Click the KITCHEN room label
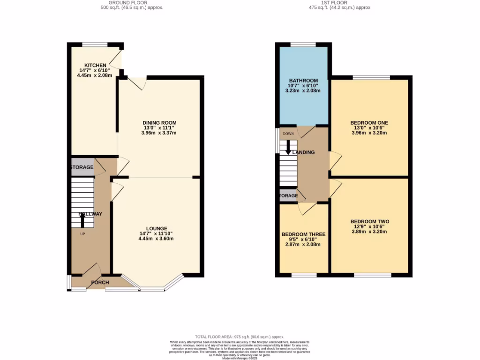(x=92, y=65)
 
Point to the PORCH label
(x=100, y=282)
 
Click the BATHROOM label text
(x=303, y=81)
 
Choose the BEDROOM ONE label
(x=369, y=123)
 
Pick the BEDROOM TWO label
(x=369, y=221)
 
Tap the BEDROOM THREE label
(x=303, y=234)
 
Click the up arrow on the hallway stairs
(x=83, y=219)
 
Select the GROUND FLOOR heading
(x=132, y=3)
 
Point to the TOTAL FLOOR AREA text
(x=240, y=337)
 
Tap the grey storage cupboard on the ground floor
(x=82, y=167)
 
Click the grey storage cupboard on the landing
(x=288, y=196)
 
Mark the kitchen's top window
(x=95, y=45)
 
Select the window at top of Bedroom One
(x=371, y=77)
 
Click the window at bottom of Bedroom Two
(x=372, y=275)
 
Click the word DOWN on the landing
(x=288, y=133)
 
